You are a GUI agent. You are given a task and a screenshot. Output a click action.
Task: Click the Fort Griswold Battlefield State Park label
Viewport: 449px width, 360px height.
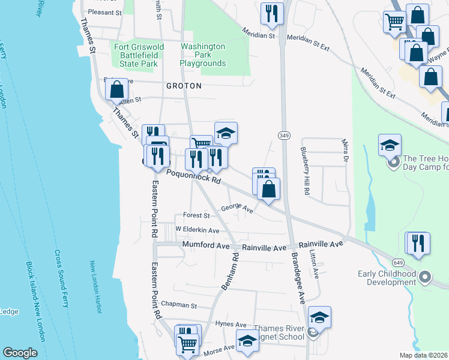136,55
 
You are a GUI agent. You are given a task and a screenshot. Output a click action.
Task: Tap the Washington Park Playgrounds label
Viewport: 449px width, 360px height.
203,55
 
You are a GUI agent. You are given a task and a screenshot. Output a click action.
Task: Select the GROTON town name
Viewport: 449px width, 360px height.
184,86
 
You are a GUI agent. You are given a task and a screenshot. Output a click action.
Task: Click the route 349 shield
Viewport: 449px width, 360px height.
284,136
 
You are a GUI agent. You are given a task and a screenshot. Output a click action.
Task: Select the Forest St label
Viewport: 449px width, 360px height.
196,215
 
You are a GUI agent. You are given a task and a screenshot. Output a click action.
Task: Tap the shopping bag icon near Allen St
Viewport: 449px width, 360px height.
116,89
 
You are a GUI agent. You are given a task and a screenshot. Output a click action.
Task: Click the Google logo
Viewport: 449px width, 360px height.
20,353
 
